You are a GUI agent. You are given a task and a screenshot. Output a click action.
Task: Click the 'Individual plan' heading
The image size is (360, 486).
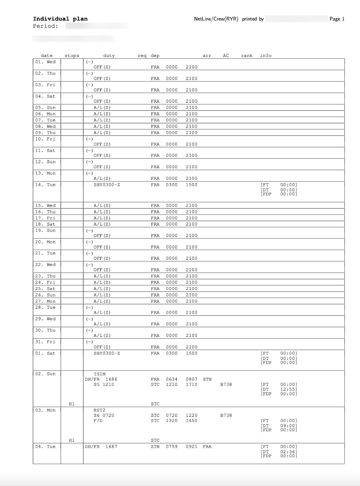(60, 19)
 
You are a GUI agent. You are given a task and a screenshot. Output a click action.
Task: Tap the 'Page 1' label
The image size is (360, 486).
(337, 19)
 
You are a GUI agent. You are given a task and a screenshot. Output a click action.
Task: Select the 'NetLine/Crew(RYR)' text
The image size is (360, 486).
(216, 19)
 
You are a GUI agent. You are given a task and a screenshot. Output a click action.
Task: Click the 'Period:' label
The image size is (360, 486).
(45, 26)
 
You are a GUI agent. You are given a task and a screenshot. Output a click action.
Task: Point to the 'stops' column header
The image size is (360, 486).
(72, 55)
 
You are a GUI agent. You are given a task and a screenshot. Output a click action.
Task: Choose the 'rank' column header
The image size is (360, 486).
(247, 55)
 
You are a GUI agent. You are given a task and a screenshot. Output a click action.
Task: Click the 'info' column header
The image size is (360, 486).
(266, 55)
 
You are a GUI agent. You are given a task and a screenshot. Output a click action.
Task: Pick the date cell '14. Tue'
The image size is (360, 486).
(45, 185)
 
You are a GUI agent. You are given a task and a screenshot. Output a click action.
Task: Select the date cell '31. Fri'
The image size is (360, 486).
(45, 342)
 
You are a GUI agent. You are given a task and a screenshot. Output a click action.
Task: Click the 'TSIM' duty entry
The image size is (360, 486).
(100, 374)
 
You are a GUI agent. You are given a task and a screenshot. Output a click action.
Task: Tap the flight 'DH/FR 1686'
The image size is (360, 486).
(101, 379)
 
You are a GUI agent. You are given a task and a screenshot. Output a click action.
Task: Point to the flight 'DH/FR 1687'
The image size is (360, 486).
(101, 447)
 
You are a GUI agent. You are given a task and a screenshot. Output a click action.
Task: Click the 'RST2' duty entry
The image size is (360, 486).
(100, 410)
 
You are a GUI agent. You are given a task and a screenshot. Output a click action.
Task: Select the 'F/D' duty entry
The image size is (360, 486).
(98, 420)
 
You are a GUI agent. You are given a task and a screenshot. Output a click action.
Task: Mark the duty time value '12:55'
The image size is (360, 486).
(289, 389)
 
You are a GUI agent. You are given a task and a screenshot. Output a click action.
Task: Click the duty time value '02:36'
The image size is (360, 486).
(289, 452)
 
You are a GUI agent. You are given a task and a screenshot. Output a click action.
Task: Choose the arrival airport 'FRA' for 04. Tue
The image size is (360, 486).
(207, 447)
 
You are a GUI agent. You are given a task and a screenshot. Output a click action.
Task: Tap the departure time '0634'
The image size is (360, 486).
(172, 379)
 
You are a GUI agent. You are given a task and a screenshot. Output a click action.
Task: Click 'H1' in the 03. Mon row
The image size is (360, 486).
(72, 440)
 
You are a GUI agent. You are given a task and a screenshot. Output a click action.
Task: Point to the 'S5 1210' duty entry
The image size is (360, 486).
(104, 384)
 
